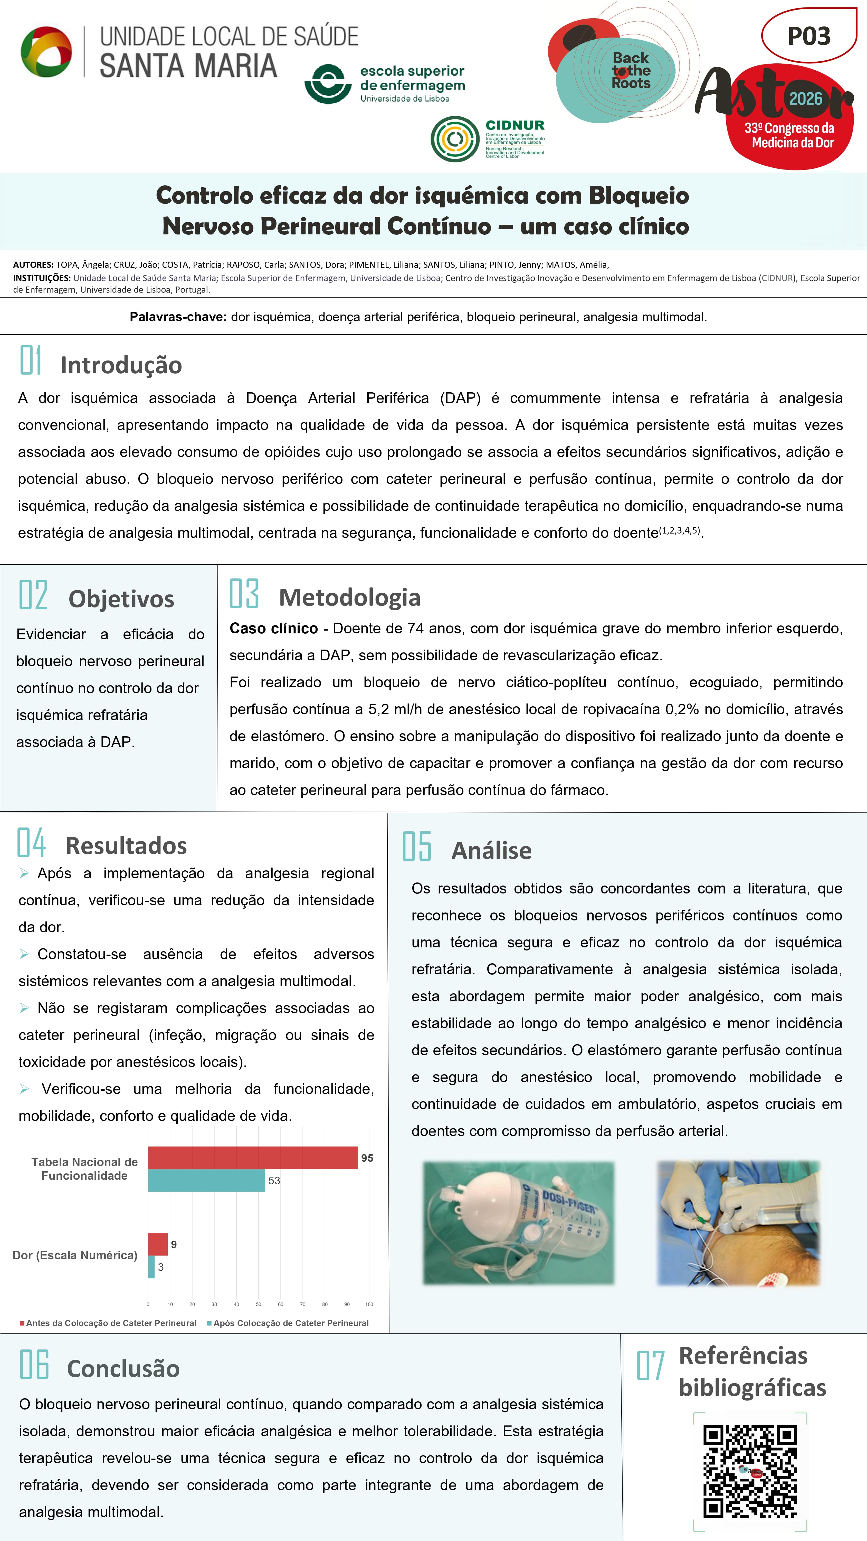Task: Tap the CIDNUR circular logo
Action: pos(455,139)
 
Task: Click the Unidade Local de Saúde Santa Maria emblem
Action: pos(47,52)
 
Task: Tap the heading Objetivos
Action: pos(121,599)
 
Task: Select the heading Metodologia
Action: pos(349,597)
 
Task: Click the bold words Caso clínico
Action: pos(273,628)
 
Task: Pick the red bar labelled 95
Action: pos(253,1157)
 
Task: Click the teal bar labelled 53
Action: pos(206,1180)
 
